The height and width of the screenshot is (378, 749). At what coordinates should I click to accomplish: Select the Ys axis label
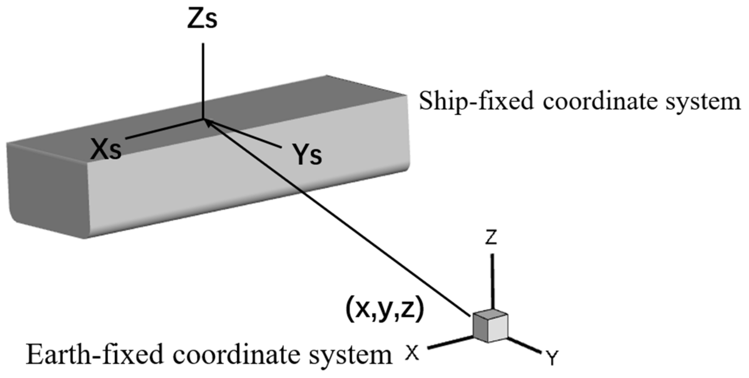(x=307, y=155)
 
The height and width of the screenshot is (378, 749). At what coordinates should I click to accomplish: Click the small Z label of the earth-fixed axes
(x=491, y=238)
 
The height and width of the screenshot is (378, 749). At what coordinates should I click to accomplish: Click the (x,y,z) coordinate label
(x=384, y=311)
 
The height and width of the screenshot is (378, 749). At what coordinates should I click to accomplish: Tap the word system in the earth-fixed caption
(x=351, y=355)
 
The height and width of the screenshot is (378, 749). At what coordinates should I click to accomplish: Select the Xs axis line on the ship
(x=164, y=129)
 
